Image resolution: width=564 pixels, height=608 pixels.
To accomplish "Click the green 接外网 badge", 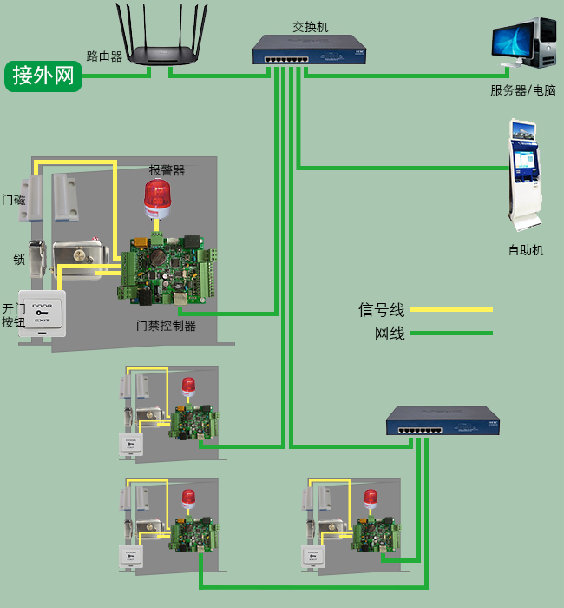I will pos(43,76).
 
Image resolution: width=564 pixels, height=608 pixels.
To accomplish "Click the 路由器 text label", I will pos(104,56).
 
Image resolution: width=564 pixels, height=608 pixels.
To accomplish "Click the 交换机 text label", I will pos(311,27).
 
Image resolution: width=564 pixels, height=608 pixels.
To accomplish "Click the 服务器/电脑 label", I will pos(522,90).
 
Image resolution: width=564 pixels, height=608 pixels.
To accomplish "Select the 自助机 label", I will pos(526,250).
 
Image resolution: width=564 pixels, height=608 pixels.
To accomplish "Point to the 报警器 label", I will pos(167,170).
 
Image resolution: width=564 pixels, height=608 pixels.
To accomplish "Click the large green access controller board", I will pos(166,266).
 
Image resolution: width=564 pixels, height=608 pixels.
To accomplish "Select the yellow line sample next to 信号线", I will pos(450,309).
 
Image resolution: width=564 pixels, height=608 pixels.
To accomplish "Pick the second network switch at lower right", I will pos(443,421).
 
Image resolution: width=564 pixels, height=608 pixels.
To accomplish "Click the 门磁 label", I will pos(14,200).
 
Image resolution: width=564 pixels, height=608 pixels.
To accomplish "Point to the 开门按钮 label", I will pos(14,315).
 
